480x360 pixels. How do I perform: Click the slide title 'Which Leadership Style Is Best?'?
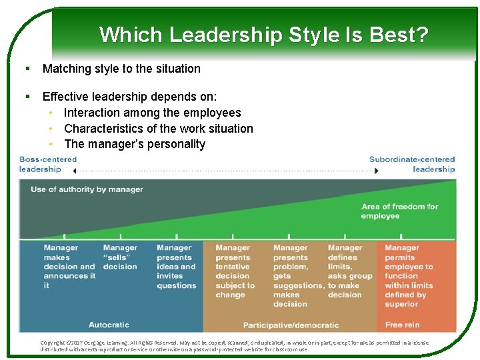[263, 34]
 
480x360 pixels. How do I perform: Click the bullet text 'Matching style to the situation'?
[121, 69]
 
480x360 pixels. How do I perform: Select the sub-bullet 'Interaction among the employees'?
[152, 113]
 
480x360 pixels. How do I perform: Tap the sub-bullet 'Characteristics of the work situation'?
[158, 128]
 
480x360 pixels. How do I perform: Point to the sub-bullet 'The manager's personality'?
[135, 144]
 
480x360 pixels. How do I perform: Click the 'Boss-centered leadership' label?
[48, 164]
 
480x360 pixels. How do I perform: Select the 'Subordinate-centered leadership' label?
[413, 164]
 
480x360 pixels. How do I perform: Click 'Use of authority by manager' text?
[87, 189]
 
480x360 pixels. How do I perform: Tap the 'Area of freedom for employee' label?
[399, 211]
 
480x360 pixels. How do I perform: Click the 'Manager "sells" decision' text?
[120, 257]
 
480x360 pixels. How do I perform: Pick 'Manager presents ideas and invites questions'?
[176, 267]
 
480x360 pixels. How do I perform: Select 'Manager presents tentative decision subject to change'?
[235, 271]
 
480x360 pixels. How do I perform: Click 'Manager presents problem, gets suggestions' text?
[295, 275]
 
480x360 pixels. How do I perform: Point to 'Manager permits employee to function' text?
[409, 275]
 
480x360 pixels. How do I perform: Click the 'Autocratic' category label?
[109, 325]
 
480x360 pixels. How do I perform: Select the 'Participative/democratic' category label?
[291, 325]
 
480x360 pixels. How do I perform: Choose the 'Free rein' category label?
[403, 325]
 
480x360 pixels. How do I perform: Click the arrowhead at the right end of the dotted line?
[376, 171]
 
